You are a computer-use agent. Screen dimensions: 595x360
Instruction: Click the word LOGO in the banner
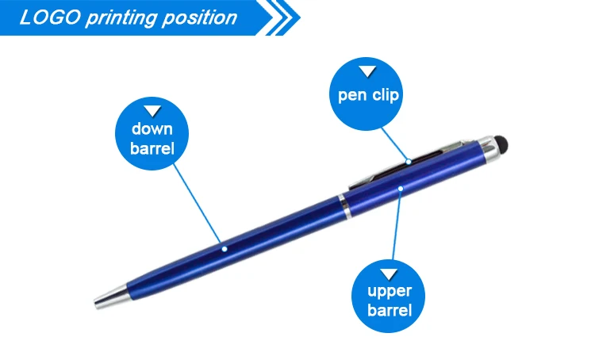tap(50, 17)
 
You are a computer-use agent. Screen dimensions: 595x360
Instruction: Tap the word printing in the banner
tap(121, 18)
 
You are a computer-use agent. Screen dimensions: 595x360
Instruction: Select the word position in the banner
tap(199, 18)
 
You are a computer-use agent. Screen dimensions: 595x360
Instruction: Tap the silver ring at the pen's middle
tap(345, 207)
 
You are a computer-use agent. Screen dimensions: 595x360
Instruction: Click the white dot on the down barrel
tap(225, 249)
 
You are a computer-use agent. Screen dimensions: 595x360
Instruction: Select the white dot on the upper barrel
tap(401, 189)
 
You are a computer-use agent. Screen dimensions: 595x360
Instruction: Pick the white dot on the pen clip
tap(409, 162)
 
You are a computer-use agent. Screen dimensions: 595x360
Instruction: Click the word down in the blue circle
tap(152, 129)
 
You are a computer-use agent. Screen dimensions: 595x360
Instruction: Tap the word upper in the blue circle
tap(390, 292)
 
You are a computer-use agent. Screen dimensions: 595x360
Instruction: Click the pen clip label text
tap(368, 95)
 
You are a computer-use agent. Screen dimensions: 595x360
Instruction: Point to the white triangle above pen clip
tap(367, 71)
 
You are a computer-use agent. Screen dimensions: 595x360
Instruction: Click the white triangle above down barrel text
tap(152, 111)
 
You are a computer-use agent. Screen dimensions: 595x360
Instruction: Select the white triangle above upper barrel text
tap(389, 274)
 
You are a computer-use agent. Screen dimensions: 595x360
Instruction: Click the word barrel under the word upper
tap(390, 310)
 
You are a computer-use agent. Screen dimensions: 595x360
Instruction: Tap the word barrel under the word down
tap(152, 148)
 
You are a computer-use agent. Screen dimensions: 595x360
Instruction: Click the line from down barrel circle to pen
tap(197, 203)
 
